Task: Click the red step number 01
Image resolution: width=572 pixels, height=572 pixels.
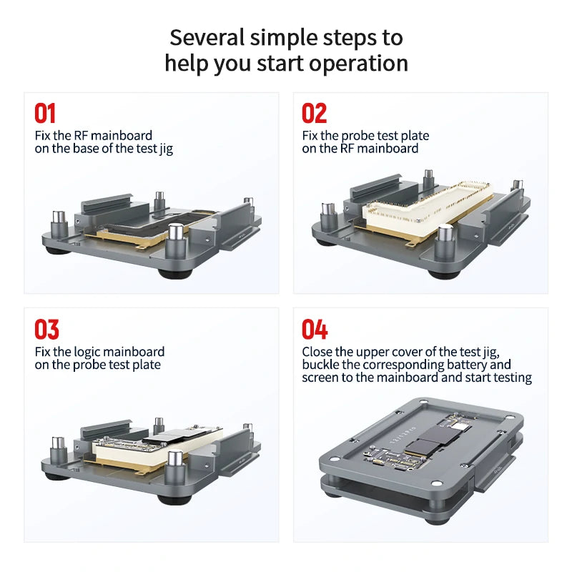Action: point(45,114)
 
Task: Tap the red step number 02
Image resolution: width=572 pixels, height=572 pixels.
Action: point(314,114)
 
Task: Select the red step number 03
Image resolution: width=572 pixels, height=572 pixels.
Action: point(46,330)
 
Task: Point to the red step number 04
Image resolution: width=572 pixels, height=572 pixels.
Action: point(315,330)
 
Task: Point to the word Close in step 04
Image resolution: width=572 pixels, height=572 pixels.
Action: point(318,352)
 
